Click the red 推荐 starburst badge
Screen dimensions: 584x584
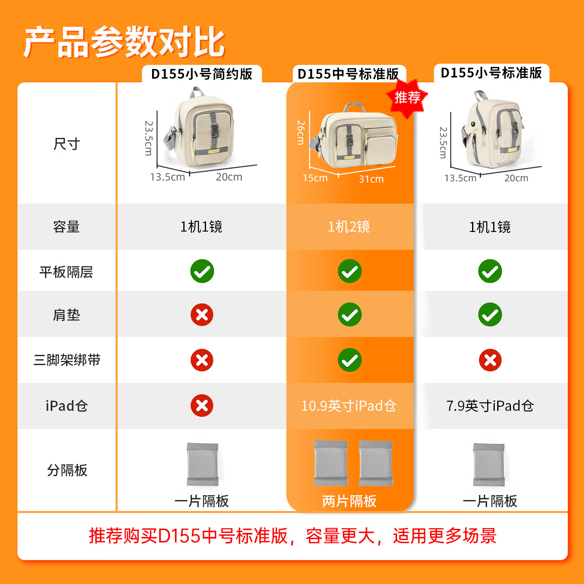tap(408, 98)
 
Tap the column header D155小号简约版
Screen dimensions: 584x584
tap(202, 74)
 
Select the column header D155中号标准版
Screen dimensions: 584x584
tap(348, 74)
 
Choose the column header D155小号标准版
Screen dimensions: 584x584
tap(491, 73)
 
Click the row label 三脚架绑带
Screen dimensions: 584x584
tap(67, 360)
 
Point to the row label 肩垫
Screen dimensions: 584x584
tap(67, 315)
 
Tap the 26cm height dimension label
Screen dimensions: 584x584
tap(301, 133)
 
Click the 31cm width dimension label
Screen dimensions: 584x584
tap(371, 179)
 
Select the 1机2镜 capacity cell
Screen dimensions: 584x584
tap(349, 227)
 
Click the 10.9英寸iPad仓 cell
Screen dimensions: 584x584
tap(349, 406)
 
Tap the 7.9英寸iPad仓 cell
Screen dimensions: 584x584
tap(490, 406)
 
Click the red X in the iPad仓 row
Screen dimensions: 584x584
tap(202, 406)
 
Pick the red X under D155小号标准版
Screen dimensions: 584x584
tap(490, 360)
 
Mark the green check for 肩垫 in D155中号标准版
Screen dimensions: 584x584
tap(350, 315)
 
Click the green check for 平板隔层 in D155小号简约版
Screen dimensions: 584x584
tap(202, 271)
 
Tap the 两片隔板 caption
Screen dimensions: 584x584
tap(349, 501)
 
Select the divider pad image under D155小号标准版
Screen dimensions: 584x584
tap(489, 465)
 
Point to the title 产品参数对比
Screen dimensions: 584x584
tap(124, 42)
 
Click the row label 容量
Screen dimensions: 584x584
tap(67, 227)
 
